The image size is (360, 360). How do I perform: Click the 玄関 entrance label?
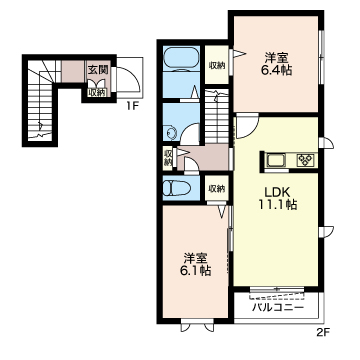[97, 70]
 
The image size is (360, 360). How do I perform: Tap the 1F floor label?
[132, 107]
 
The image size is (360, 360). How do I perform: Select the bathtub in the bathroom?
[181, 59]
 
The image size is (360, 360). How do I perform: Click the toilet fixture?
[176, 188]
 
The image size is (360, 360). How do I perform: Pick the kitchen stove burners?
[305, 160]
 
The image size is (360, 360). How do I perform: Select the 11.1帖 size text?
[278, 205]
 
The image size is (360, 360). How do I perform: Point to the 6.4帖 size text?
[276, 70]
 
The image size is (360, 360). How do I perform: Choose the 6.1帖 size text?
[196, 271]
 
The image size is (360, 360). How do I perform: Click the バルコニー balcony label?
[277, 307]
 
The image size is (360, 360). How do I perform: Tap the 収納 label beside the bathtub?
[217, 66]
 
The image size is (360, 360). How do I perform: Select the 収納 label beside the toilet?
[217, 189]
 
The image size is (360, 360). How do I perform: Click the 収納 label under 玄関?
[97, 93]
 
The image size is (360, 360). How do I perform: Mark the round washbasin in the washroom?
[171, 133]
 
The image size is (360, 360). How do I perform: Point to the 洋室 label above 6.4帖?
[276, 58]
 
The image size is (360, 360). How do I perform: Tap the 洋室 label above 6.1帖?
[196, 259]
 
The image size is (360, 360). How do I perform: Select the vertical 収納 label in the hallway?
[168, 158]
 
